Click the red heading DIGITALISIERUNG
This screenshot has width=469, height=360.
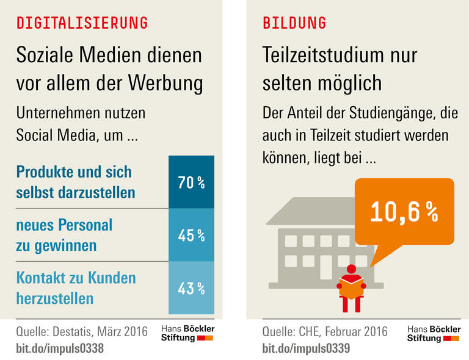(x=82, y=23)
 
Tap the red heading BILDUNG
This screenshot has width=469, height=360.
(x=294, y=23)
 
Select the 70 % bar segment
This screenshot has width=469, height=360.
(x=191, y=182)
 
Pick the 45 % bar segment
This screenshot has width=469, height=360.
(x=191, y=235)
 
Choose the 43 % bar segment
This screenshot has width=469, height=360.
(x=191, y=287)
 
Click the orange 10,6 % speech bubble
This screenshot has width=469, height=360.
(x=404, y=211)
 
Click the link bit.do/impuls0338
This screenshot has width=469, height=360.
(x=60, y=348)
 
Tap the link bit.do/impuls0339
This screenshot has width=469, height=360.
(x=306, y=348)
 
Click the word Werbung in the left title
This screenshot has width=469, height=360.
(x=163, y=82)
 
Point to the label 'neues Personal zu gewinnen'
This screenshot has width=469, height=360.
(x=64, y=235)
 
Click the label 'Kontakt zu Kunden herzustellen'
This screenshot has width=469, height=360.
(x=76, y=287)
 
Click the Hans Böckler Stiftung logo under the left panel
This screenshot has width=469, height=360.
(x=187, y=333)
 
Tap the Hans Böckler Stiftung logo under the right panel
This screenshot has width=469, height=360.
(x=434, y=333)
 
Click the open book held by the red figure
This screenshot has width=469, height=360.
(x=351, y=286)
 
